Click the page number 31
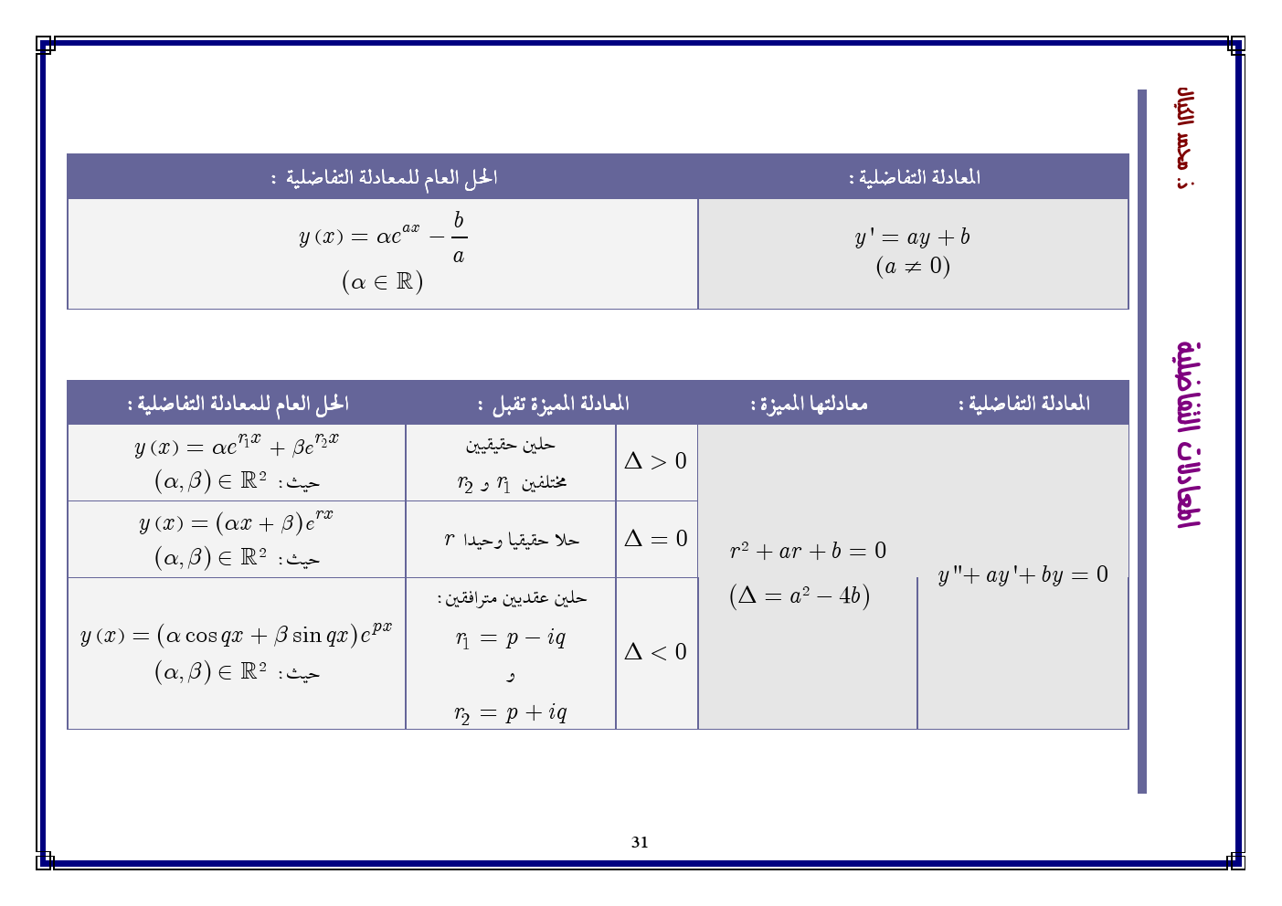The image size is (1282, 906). coord(640,842)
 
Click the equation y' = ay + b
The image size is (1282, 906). coord(912,237)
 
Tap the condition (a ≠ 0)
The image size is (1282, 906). coord(912,267)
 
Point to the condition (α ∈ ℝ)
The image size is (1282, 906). coord(382,281)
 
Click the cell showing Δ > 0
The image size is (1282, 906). coord(655,461)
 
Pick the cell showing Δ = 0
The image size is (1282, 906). coord(655,539)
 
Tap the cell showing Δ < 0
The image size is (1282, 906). coord(655,652)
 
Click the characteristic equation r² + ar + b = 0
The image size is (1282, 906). coord(808,551)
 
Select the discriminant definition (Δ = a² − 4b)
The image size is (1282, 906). coord(800,595)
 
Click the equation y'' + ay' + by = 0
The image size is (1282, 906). coord(1022,574)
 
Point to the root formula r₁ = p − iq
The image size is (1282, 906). coord(510,637)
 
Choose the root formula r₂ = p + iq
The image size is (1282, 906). coord(510,712)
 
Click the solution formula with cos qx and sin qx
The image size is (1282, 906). coord(236,634)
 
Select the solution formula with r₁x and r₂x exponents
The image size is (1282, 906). coord(236,446)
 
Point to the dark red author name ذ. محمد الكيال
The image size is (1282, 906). coord(1186,138)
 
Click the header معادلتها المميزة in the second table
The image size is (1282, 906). coord(809,403)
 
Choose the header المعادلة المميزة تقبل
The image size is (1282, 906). coord(553,403)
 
